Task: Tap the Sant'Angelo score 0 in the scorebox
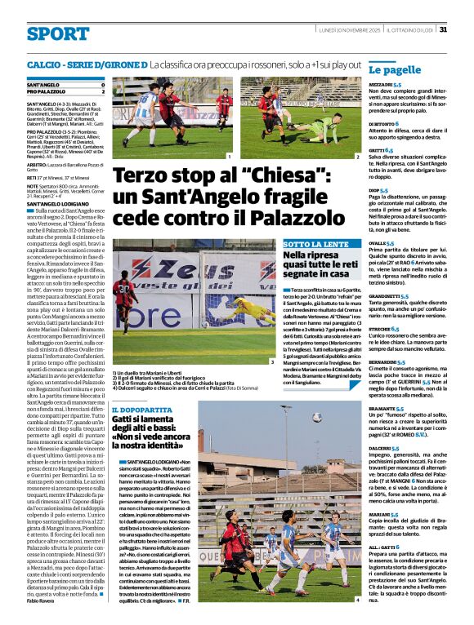tap(103, 85)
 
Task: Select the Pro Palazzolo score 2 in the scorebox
tap(103, 91)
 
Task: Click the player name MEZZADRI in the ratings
tap(380, 84)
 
